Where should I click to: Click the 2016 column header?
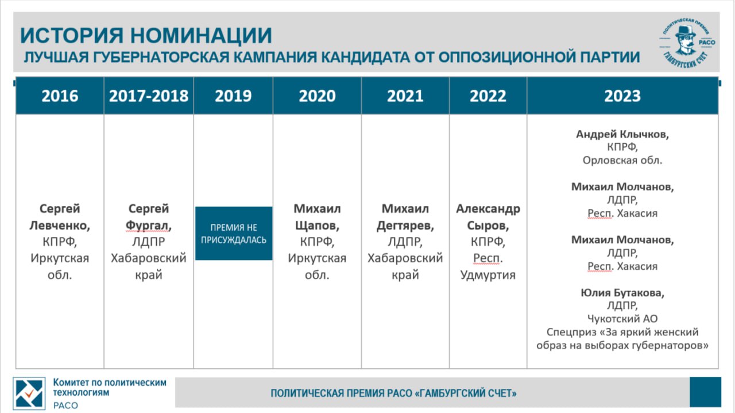(60, 95)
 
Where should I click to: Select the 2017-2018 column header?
(149, 95)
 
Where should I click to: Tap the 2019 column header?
(233, 95)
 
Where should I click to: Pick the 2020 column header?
(317, 95)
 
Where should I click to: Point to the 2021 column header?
(405, 95)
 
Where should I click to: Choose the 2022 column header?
(488, 95)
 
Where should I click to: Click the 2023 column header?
(622, 95)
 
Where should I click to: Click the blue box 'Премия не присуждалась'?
(234, 234)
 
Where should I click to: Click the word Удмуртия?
(488, 275)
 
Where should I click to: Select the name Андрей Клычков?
(622, 135)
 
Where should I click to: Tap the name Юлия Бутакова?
(622, 293)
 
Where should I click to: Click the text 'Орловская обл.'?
(622, 160)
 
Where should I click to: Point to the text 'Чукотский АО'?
(622, 319)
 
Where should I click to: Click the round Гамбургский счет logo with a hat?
(687, 42)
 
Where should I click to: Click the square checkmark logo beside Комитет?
(29, 393)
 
